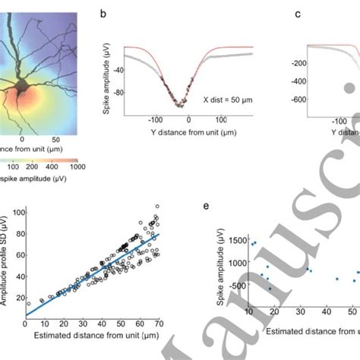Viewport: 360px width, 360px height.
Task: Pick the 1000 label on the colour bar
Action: (77, 166)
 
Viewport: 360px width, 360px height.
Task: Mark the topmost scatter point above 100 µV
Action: (157, 206)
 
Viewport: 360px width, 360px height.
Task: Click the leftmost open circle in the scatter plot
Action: (29, 304)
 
